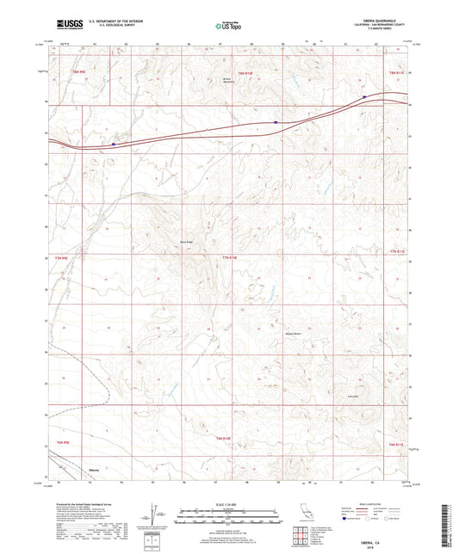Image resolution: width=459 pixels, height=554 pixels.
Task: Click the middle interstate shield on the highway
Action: [276, 122]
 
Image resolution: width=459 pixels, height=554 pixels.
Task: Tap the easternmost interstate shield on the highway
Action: [364, 96]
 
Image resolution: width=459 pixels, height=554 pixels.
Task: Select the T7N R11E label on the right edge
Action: [395, 251]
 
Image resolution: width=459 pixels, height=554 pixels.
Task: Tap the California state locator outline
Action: [304, 514]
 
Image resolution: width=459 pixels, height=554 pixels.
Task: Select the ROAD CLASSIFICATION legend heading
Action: [363, 502]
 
